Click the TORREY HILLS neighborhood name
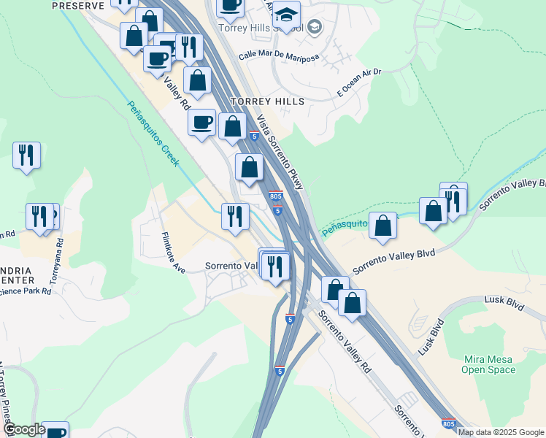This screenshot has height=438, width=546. click(266, 101)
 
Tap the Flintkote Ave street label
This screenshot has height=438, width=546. click(173, 252)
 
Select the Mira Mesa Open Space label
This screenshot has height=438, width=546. click(488, 364)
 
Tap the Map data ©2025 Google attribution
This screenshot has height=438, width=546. click(501, 432)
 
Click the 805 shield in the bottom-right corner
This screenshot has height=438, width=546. click(450, 423)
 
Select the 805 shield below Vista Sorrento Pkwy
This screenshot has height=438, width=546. click(275, 196)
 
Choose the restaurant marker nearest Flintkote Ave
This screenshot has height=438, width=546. click(236, 215)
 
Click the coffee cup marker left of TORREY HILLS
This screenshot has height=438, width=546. click(201, 123)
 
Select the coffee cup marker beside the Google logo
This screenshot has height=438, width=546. click(55, 431)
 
